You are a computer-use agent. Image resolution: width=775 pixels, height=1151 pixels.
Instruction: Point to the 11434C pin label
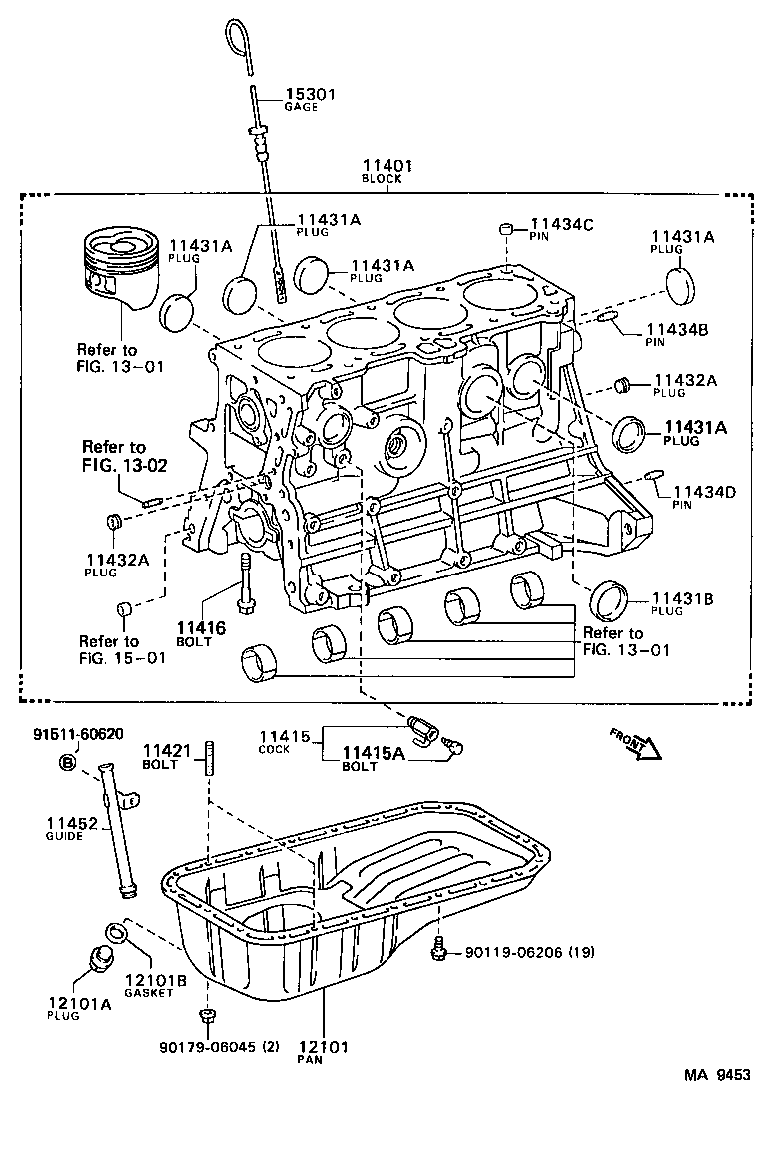point(562,225)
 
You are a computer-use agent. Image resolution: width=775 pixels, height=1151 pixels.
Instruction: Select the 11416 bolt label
point(201,628)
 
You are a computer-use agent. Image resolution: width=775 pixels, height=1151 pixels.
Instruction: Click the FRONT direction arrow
point(631,742)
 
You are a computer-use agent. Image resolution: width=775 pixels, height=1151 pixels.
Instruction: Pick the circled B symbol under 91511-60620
point(68,763)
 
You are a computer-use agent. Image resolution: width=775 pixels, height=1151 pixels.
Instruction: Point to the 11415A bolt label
point(374,754)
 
